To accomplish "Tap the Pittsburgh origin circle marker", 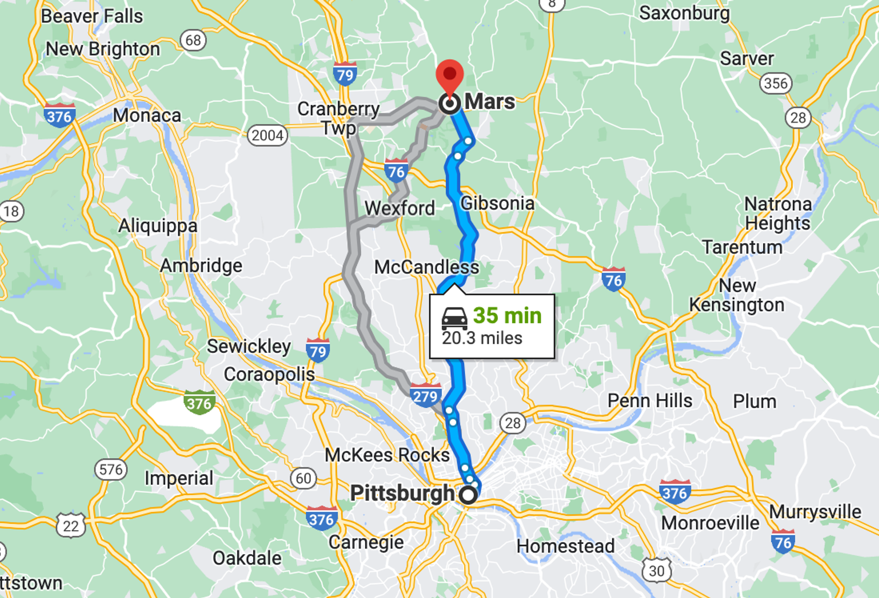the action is pyautogui.click(x=468, y=495).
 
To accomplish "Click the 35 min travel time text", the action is pyautogui.click(x=507, y=315).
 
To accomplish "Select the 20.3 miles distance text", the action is pyautogui.click(x=482, y=338).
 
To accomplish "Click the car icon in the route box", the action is pyautogui.click(x=454, y=319).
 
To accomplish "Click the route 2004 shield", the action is pyautogui.click(x=268, y=136).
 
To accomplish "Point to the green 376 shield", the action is pyautogui.click(x=199, y=402).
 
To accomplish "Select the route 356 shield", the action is pyautogui.click(x=776, y=83).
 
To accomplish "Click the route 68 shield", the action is pyautogui.click(x=193, y=40).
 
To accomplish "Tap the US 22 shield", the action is pyautogui.click(x=71, y=526).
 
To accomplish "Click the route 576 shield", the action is pyautogui.click(x=111, y=469).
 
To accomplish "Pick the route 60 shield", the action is pyautogui.click(x=303, y=478).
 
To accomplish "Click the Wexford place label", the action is pyautogui.click(x=400, y=209).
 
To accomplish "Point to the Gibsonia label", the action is pyautogui.click(x=497, y=203).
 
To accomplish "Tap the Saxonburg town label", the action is pyautogui.click(x=684, y=13).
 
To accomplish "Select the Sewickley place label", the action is pyautogui.click(x=249, y=347).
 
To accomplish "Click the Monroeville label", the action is pyautogui.click(x=710, y=523).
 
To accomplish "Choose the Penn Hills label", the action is pyautogui.click(x=650, y=401).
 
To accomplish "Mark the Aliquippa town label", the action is pyautogui.click(x=158, y=226).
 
